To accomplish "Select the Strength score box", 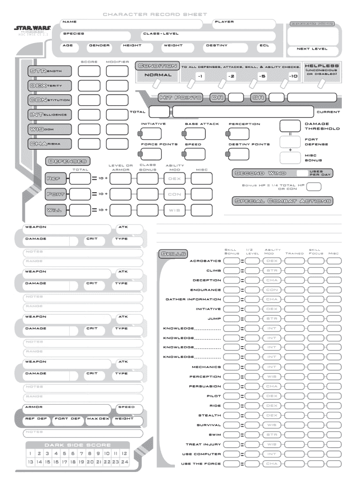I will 89,71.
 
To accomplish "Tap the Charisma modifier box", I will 117,144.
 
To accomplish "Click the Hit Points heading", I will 180,98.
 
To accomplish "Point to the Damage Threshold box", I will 290,126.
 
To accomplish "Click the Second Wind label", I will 257,174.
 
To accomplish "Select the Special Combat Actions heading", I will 282,201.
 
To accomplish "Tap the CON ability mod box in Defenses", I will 174,194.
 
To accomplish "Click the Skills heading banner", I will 173,254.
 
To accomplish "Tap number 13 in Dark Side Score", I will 30,461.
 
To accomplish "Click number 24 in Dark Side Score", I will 124,461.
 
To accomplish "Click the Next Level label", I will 312,49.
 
